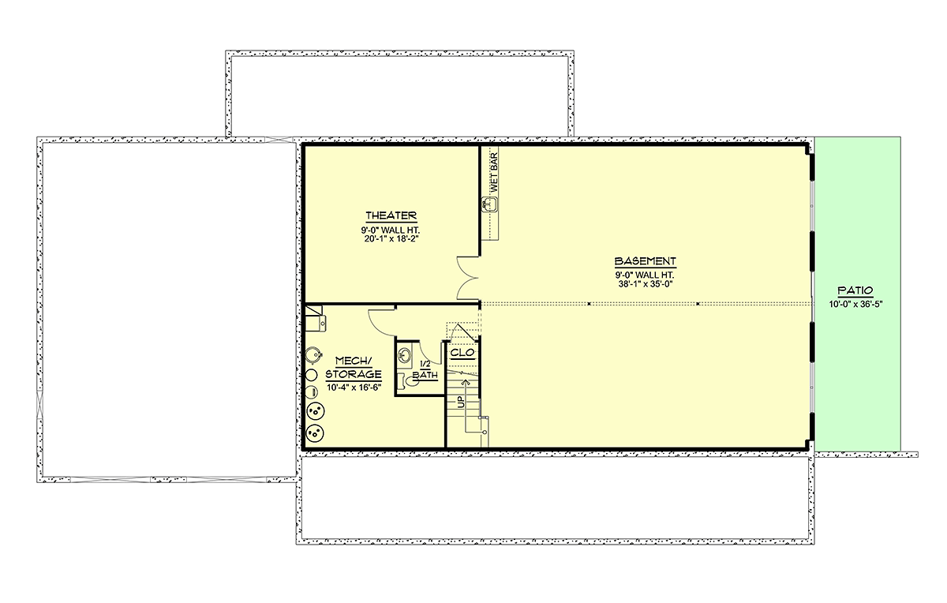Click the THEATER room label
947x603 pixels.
coord(391,215)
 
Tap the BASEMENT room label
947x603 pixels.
coord(646,261)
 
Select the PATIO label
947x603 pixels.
coord(855,290)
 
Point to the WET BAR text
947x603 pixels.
coord(493,173)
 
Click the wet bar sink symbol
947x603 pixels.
coord(489,204)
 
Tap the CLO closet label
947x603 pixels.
coord(462,353)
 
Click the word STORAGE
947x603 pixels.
coord(354,374)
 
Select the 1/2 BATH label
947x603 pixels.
coord(425,370)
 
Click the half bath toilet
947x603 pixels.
coord(408,382)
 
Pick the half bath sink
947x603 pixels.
coord(405,355)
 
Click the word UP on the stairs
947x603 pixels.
coord(460,402)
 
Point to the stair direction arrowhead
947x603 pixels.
coord(466,382)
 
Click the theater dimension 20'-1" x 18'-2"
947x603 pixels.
coord(391,239)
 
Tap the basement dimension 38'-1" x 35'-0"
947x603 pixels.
coord(646,284)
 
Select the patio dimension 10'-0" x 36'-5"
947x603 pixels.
coord(855,304)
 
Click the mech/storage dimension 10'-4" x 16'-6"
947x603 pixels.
coord(354,388)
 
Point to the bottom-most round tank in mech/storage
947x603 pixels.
coord(315,433)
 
